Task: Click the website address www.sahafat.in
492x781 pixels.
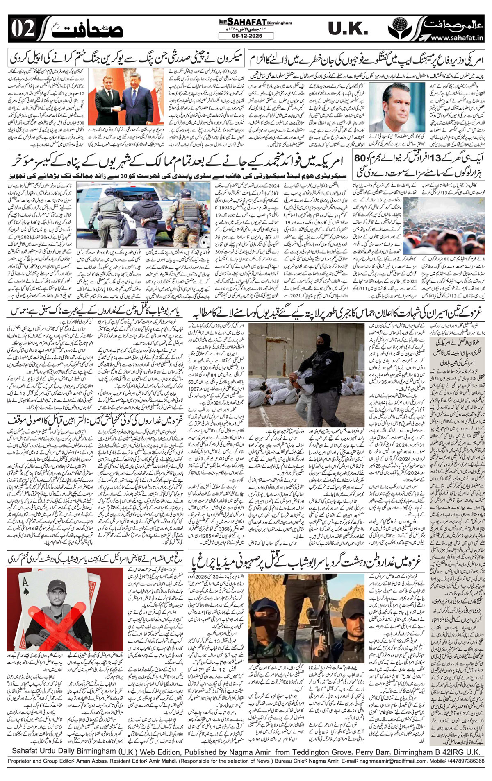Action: click(457, 38)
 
